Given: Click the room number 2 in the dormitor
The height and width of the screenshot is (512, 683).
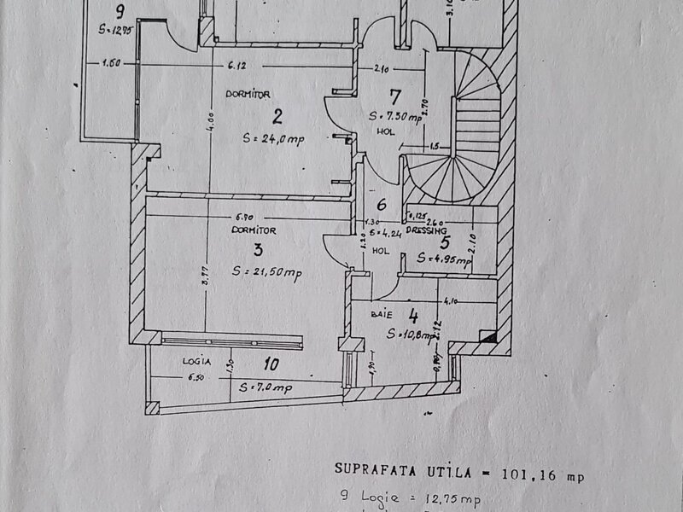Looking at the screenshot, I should pyautogui.click(x=254, y=116).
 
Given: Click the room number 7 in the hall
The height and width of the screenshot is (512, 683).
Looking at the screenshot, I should pyautogui.click(x=394, y=96).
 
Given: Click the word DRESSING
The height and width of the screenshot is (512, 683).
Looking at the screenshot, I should pyautogui.click(x=427, y=231).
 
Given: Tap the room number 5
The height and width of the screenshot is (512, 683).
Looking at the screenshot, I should pyautogui.click(x=443, y=242).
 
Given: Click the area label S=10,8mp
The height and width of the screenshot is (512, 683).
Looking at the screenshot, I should pyautogui.click(x=413, y=334).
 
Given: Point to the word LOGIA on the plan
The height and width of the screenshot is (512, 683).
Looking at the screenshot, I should pyautogui.click(x=196, y=361).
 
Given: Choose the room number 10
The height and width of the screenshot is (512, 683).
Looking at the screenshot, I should pyautogui.click(x=271, y=365).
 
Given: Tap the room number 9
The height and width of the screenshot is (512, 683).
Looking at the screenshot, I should pyautogui.click(x=121, y=11).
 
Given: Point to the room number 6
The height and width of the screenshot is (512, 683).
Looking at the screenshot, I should pyautogui.click(x=382, y=205).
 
